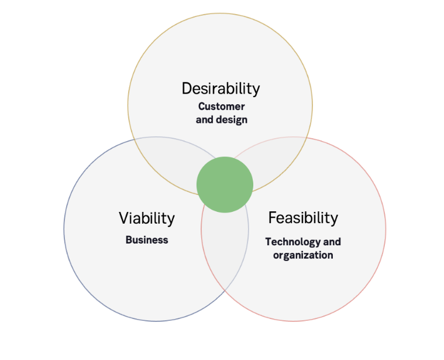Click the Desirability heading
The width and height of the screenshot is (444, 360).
coord(221,88)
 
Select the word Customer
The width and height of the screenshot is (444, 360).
coord(221,107)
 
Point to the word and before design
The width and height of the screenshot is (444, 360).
coord(204,120)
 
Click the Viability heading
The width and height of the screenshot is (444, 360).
coord(147,218)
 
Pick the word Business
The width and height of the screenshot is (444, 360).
coord(147,240)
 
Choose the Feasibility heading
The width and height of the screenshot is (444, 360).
coord(303,218)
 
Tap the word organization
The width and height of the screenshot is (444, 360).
coord(303,255)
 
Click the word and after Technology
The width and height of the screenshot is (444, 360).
coord(332,242)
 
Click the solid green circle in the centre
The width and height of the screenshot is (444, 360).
coord(225,184)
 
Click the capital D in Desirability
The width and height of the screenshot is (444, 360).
coord(187,88)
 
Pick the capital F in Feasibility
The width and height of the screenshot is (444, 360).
coord(272,218)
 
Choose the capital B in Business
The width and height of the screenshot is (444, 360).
coord(128,240)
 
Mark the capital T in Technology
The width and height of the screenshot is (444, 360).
coord(268,242)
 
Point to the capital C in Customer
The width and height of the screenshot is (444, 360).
coord(201,107)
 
